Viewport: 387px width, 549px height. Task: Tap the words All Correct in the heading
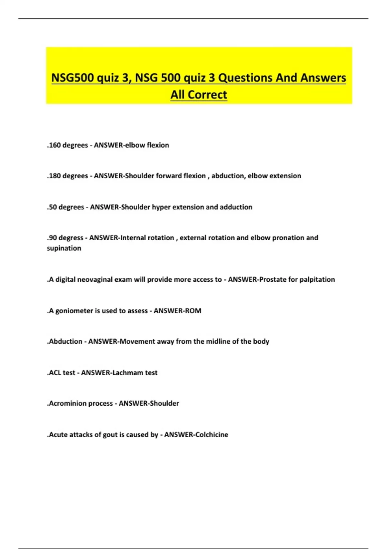(x=199, y=95)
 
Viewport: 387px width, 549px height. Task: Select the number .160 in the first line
(x=54, y=145)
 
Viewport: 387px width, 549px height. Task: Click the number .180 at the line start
(x=54, y=176)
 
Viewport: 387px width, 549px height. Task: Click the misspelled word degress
(x=71, y=238)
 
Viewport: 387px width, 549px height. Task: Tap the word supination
(x=64, y=248)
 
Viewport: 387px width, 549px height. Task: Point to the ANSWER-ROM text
(x=177, y=311)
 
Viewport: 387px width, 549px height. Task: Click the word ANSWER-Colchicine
(x=196, y=434)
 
